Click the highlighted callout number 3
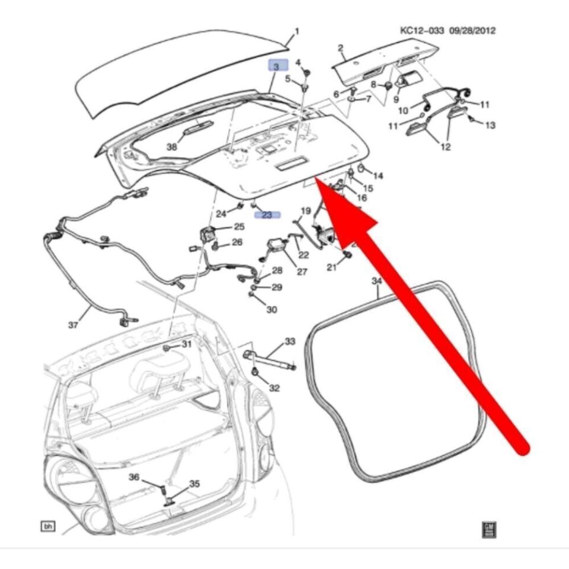(x=276, y=68)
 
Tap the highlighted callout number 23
(x=267, y=215)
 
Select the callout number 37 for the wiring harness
(x=73, y=325)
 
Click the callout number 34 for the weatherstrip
(x=377, y=280)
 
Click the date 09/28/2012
(x=474, y=31)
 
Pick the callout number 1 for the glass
(x=297, y=31)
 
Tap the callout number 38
(x=171, y=147)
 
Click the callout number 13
(x=490, y=125)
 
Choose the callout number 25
(x=239, y=226)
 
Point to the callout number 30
(x=271, y=309)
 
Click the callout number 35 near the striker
(x=194, y=484)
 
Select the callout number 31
(x=187, y=344)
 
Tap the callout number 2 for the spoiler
(x=341, y=47)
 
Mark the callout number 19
(x=305, y=211)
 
